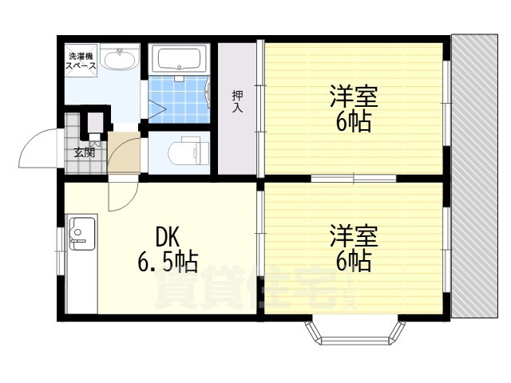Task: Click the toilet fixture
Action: [188, 151]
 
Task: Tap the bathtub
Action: [179, 59]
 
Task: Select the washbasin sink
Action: [119, 58]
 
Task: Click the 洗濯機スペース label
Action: [81, 61]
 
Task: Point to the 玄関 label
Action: [85, 152]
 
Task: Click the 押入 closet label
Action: [237, 101]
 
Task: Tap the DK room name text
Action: [168, 237]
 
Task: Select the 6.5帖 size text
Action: [168, 262]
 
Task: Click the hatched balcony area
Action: [474, 176]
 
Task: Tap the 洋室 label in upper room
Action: [354, 96]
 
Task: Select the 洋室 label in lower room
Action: [354, 235]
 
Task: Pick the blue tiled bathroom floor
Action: [179, 99]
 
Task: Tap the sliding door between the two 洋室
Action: [353, 178]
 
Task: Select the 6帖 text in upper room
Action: [354, 122]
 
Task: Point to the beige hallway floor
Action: [124, 152]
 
